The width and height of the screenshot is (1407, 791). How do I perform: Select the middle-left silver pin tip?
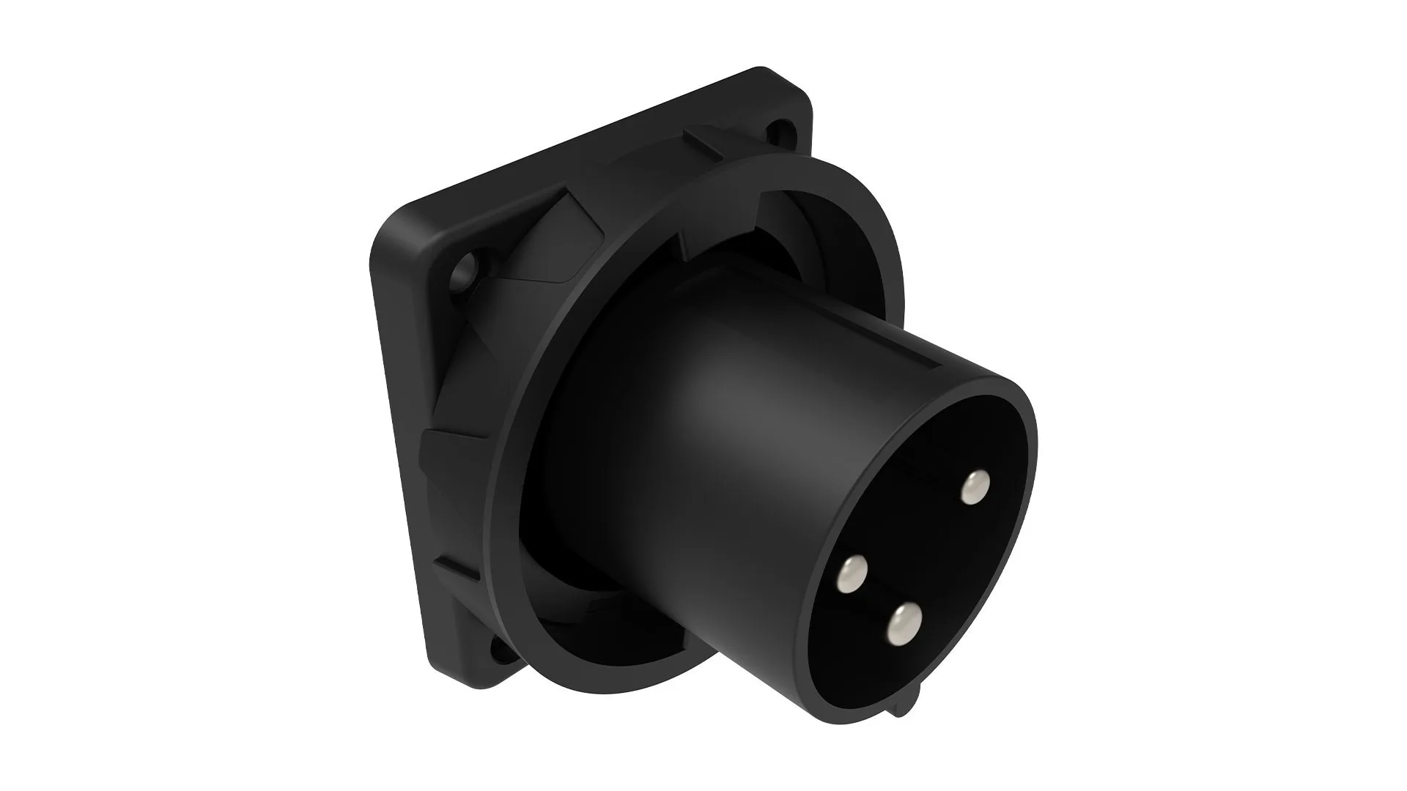click(x=852, y=572)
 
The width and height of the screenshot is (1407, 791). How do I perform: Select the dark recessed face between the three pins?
click(x=916, y=557)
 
